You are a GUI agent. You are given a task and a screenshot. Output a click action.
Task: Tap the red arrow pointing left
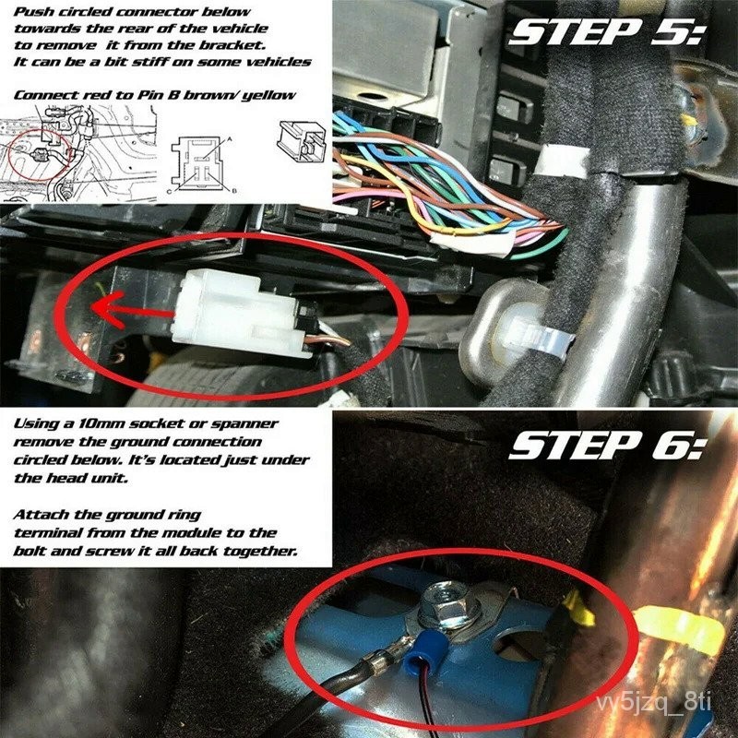[x=134, y=309]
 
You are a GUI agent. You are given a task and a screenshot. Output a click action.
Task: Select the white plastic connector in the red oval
[x=240, y=313]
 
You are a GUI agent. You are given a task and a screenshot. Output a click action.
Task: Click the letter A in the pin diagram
[x=230, y=139]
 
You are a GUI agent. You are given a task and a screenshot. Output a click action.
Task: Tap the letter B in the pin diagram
[x=234, y=190]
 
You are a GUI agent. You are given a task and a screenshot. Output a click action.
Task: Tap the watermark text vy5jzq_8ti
[x=653, y=702]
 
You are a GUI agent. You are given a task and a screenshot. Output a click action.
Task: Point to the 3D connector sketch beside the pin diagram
[x=302, y=141]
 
